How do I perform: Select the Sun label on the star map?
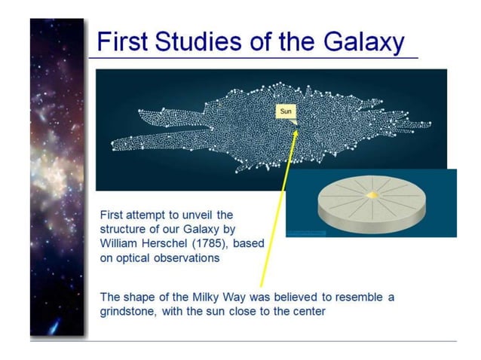point(286,112)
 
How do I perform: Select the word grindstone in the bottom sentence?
point(128,311)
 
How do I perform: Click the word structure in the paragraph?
point(124,229)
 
